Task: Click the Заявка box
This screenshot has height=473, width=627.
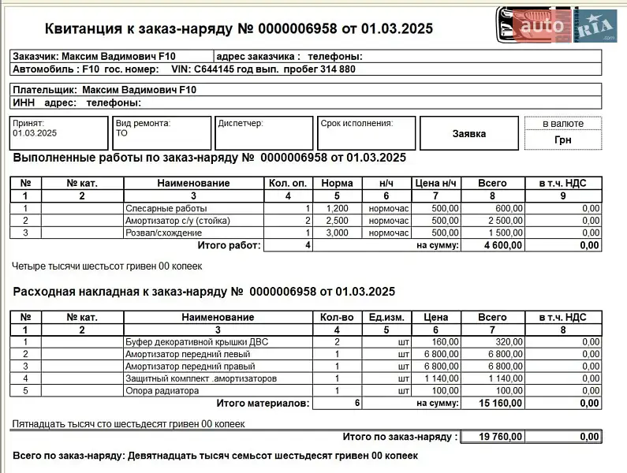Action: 468,133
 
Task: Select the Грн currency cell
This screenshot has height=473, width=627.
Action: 563,140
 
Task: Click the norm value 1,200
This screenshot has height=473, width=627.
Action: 338,209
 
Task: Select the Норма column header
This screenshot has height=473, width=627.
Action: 338,183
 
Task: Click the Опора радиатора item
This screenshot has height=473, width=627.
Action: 162,390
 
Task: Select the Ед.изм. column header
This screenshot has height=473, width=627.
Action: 386,317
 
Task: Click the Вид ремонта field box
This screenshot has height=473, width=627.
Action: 162,132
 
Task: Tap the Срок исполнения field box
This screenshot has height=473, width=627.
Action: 365,132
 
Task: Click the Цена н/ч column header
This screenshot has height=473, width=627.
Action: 436,183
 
